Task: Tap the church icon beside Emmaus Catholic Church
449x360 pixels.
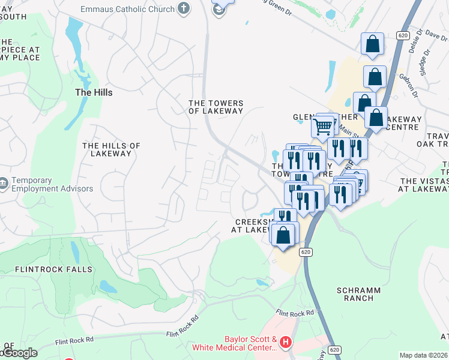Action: coord(184,9)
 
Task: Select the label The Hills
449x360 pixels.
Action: coord(93,92)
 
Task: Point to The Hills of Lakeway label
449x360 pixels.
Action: coord(111,149)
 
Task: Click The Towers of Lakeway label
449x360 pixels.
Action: coord(216,106)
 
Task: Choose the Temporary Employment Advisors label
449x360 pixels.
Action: coord(52,184)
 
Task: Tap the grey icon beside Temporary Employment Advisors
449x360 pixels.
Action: coord(3,182)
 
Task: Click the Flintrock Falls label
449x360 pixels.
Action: coord(54,269)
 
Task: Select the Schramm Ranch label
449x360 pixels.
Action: coord(358,294)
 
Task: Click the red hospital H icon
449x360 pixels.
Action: coord(286,343)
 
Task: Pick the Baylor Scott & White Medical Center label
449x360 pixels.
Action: coord(234,343)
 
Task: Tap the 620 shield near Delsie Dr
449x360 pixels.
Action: coord(403,35)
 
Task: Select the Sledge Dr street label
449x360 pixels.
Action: coord(427,63)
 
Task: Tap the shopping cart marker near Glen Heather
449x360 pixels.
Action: coord(323,127)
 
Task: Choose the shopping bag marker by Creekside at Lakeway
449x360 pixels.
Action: coord(283,234)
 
